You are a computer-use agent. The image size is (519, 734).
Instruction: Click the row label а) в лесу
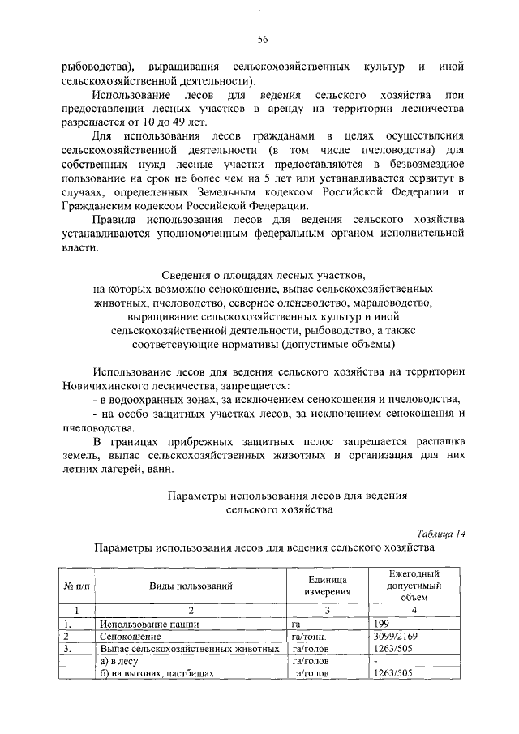pyautogui.click(x=121, y=662)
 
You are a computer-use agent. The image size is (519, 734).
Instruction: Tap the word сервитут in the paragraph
pyautogui.click(x=422, y=178)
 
